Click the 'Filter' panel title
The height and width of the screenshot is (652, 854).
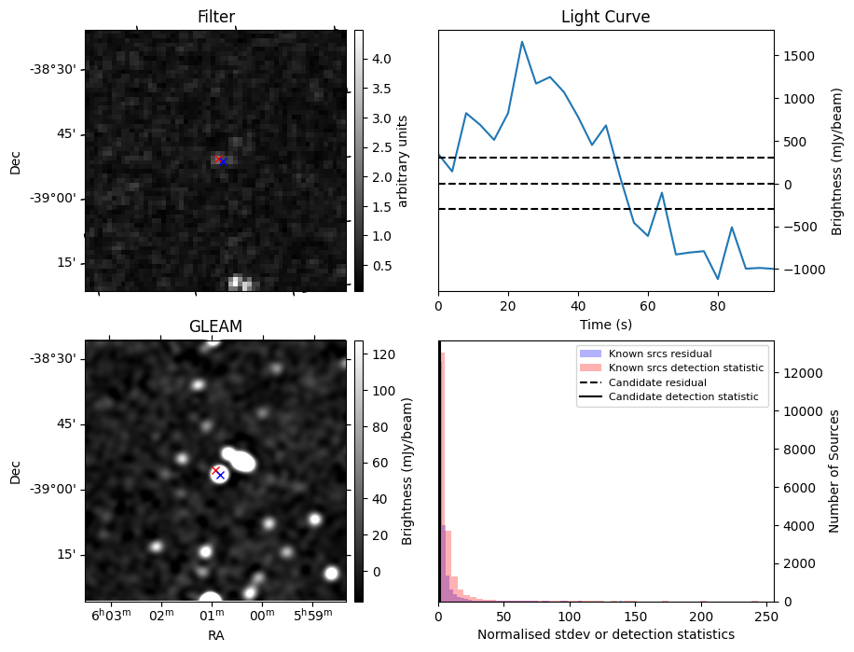pyautogui.click(x=215, y=17)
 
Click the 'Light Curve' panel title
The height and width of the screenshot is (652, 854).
pyautogui.click(x=605, y=17)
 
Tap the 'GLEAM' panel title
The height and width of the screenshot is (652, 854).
pyautogui.click(x=215, y=326)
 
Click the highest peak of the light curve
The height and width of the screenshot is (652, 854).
pyautogui.click(x=522, y=42)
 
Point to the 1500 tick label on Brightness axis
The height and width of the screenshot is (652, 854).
pyautogui.click(x=799, y=56)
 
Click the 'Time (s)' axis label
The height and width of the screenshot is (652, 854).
pyautogui.click(x=605, y=324)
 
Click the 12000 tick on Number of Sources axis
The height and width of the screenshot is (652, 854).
pyautogui.click(x=803, y=373)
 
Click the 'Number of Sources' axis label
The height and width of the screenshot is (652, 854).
pyautogui.click(x=835, y=470)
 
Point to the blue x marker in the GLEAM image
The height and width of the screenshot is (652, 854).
pyautogui.click(x=221, y=475)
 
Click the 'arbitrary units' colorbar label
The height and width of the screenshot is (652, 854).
pyautogui.click(x=403, y=160)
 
